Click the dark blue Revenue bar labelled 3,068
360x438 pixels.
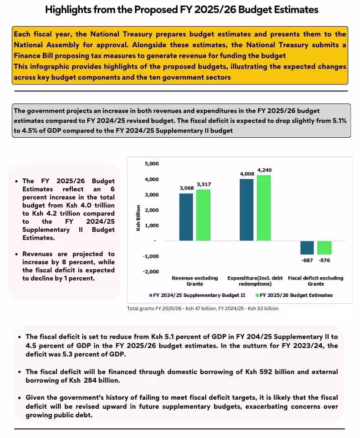[x=186, y=217]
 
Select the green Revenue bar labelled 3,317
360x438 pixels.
[x=204, y=215]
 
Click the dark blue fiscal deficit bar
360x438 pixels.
[x=307, y=248]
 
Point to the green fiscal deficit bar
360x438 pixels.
[x=324, y=248]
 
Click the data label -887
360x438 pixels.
[x=307, y=260]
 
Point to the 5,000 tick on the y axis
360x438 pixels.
[x=151, y=163]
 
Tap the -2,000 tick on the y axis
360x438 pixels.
[x=151, y=271]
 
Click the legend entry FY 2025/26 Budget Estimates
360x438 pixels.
[x=294, y=295]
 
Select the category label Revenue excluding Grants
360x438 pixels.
[x=194, y=281]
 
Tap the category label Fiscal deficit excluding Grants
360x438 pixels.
[x=315, y=281]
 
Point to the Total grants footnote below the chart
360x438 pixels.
[x=202, y=308]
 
